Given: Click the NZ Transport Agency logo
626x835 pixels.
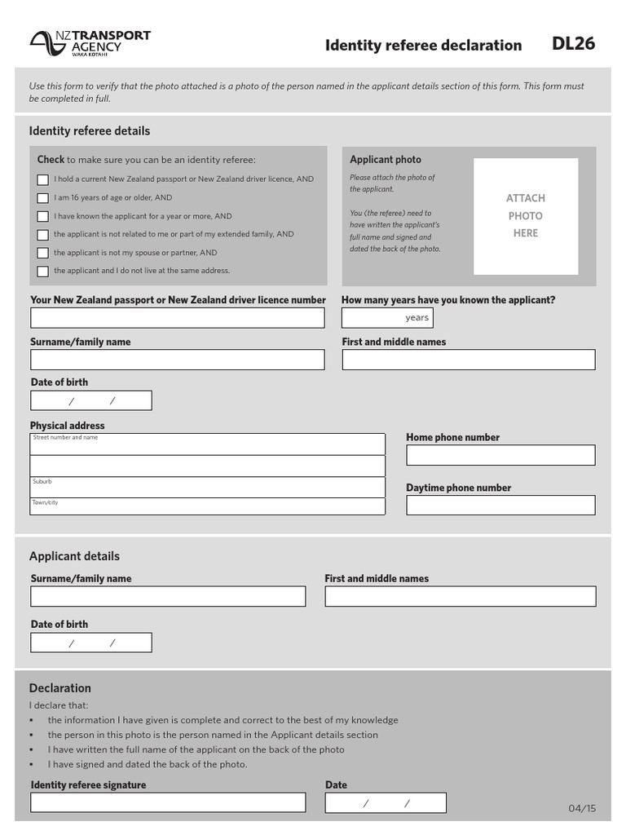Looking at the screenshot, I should coord(90,43).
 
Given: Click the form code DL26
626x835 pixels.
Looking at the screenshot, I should coord(573,44).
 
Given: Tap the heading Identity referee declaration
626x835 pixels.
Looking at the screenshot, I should coord(423,46).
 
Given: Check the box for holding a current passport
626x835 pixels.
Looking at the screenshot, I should coord(42,179).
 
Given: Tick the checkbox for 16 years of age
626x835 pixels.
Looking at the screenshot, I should coord(42,198).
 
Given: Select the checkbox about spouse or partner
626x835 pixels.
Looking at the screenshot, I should coord(42,253).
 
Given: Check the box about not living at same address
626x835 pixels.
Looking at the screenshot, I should coord(42,272).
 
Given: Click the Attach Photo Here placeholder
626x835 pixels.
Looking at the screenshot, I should coord(526,216).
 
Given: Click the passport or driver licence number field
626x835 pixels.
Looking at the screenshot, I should coord(177,318).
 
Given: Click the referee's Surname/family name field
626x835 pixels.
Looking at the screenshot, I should coord(177,360).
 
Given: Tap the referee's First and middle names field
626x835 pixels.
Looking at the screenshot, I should coord(468,360).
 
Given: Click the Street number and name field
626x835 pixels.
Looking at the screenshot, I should coord(208,445).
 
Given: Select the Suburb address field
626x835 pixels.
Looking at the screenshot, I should coord(208,488).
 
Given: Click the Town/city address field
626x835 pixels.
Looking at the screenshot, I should coord(208,506).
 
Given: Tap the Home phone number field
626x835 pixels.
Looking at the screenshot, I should coord(500,455).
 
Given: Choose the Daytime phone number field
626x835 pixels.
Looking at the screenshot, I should coord(500,506).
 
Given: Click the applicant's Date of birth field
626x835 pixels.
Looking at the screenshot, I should coord(91,643).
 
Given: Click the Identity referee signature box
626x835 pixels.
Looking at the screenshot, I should coord(168,802).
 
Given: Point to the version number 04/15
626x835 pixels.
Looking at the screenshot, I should coord(582,809).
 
